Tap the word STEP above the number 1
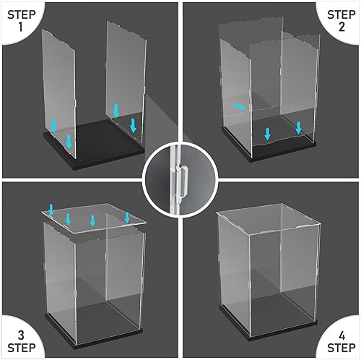pos(20,14)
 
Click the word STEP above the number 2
pos(341,14)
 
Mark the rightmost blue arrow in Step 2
pos(298,127)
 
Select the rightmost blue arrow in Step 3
pos(127,217)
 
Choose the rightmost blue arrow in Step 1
pos(133,125)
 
